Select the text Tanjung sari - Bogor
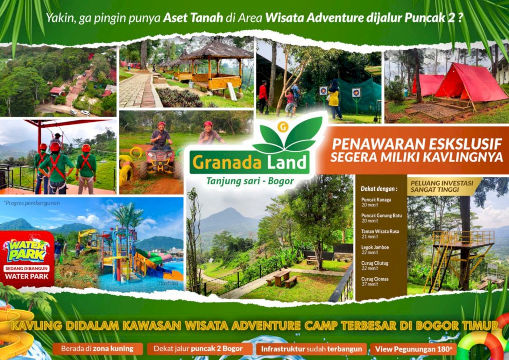tap(250, 182)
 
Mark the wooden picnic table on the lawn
tap(282, 277)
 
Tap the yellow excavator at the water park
tap(89, 239)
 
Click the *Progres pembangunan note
tap(31, 203)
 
